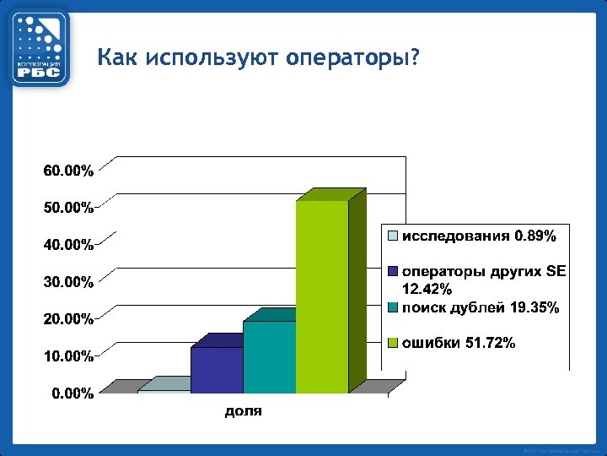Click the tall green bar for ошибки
pos(322,296)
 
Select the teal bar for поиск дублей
pos(269,356)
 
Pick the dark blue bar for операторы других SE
pos(217,370)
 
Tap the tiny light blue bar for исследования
pos(164,391)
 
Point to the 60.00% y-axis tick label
pos(68,171)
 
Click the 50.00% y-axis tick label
pos(68,208)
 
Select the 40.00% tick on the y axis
pos(68,245)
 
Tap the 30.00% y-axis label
pos(68,282)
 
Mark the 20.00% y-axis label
pos(68,319)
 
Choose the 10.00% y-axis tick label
pos(68,356)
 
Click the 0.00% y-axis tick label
pos(72,394)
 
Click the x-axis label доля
pos(243,412)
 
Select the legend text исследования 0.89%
pos(478,236)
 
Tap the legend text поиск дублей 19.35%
pos(480,308)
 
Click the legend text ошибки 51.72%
pos(459,343)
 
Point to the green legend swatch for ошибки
pos(393,343)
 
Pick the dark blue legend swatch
pos(393,272)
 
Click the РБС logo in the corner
pos(40,47)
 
